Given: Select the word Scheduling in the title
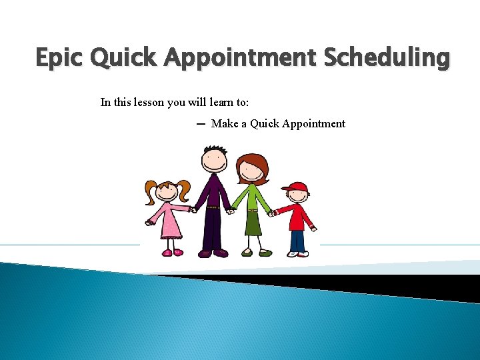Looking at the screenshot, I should click(387, 58).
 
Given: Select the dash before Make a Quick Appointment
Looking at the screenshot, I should click(201, 123).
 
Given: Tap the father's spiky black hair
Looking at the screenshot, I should click(215, 147).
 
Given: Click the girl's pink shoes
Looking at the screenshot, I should click(173, 252).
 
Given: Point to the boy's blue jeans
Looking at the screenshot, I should click(297, 239).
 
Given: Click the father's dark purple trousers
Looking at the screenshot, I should click(213, 230).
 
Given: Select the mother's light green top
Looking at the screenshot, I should click(253, 197).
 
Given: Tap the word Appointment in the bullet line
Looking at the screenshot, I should click(314, 123).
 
